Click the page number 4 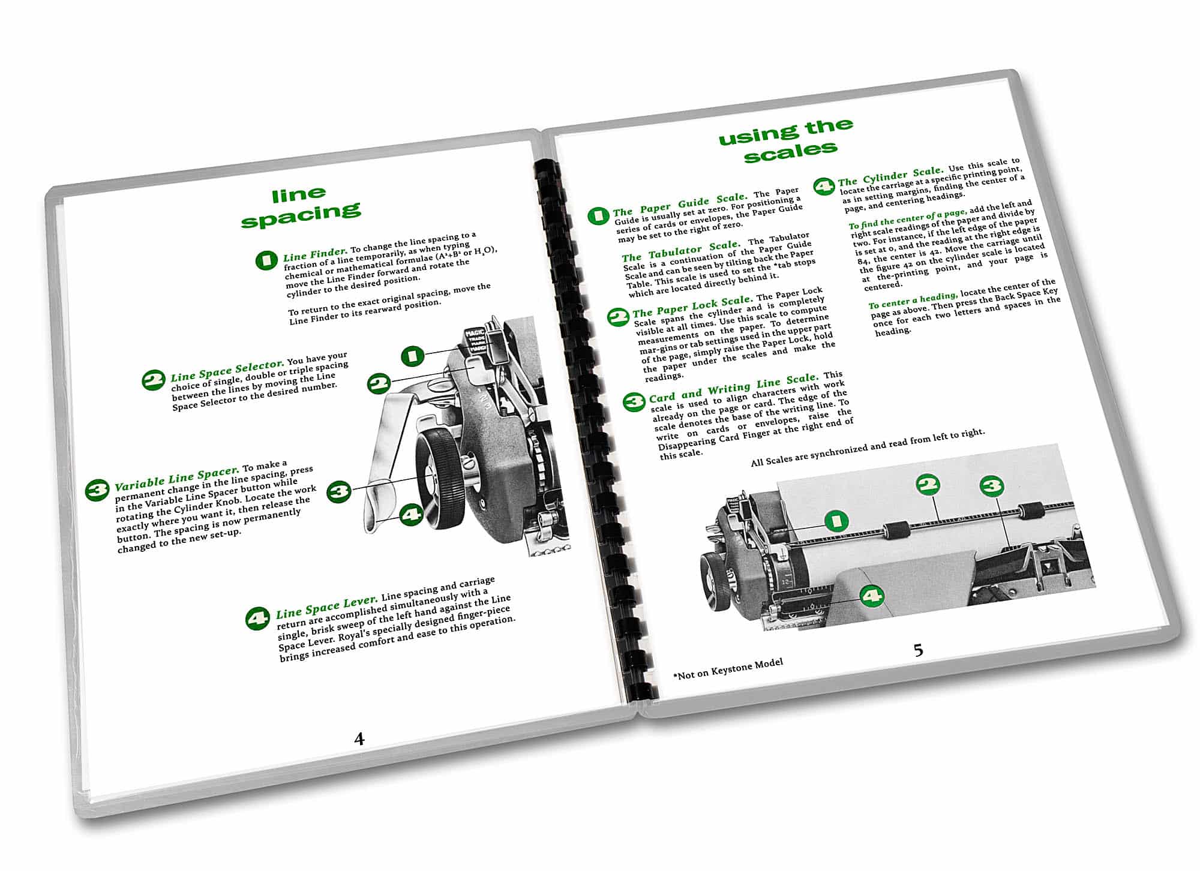point(359,738)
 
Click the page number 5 point(918,650)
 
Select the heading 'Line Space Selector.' point(227,370)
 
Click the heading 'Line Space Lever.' point(326,608)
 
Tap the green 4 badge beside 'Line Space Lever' point(258,618)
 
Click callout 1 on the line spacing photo point(412,356)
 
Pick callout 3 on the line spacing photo point(339,491)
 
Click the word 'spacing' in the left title point(301,214)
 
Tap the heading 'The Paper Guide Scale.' point(680,204)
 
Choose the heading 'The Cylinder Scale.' point(890,176)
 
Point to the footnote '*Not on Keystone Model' point(728,668)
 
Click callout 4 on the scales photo point(872,596)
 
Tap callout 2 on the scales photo point(928,485)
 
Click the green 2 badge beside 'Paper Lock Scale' point(618,317)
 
